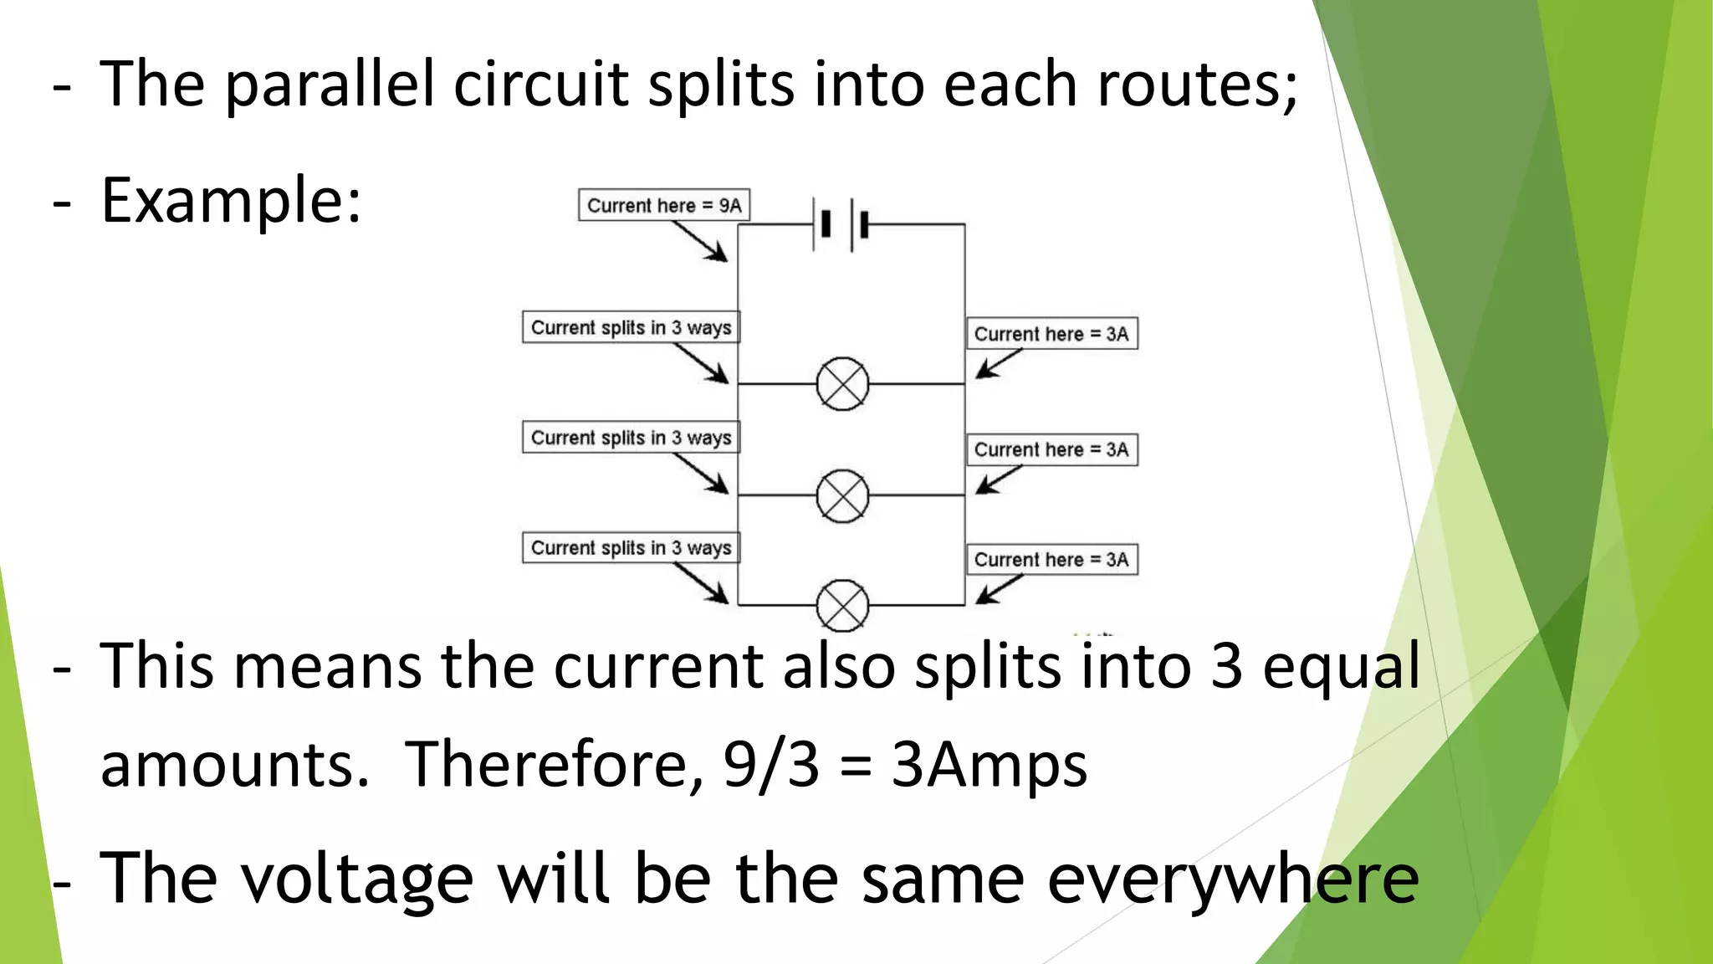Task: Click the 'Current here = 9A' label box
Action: (664, 205)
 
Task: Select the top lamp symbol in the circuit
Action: (842, 384)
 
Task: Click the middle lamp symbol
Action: (842, 496)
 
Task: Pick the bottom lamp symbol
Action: (842, 605)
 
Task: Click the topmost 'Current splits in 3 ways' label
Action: (632, 327)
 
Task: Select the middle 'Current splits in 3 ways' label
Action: (632, 438)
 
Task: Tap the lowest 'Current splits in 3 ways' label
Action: (632, 548)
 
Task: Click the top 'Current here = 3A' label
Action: (1051, 334)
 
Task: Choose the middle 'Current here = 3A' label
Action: (1051, 449)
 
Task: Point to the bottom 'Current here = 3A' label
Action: (1051, 560)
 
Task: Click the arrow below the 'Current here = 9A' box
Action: (701, 243)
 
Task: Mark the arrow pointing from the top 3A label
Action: (998, 364)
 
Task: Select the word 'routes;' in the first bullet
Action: (1197, 85)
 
